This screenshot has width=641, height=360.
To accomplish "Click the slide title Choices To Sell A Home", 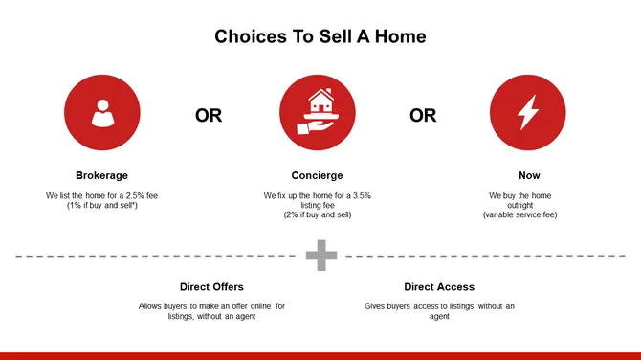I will pyautogui.click(x=320, y=36).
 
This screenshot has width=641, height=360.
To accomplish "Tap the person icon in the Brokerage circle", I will pyautogui.click(x=101, y=114).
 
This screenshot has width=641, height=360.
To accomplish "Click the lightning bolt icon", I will pyautogui.click(x=527, y=114).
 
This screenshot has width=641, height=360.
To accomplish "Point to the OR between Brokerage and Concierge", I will pyautogui.click(x=209, y=116).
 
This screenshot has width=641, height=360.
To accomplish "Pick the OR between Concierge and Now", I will pyautogui.click(x=423, y=116).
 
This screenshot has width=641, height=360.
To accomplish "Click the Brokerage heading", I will pyautogui.click(x=101, y=176).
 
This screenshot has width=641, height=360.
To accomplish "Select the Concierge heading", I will pyautogui.click(x=317, y=176).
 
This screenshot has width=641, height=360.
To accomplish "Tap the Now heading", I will pyautogui.click(x=529, y=176).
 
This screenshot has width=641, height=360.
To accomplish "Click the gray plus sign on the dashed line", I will pyautogui.click(x=321, y=256).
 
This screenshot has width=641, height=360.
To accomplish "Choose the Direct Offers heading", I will pyautogui.click(x=211, y=287).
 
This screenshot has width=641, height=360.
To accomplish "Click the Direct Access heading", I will pyautogui.click(x=439, y=287).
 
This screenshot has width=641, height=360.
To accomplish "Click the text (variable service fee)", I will pyautogui.click(x=519, y=215).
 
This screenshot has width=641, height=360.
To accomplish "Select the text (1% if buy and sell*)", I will pyautogui.click(x=101, y=206).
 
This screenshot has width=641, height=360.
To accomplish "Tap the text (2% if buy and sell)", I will pyautogui.click(x=317, y=215).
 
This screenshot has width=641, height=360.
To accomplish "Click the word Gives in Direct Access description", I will pyautogui.click(x=376, y=306).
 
